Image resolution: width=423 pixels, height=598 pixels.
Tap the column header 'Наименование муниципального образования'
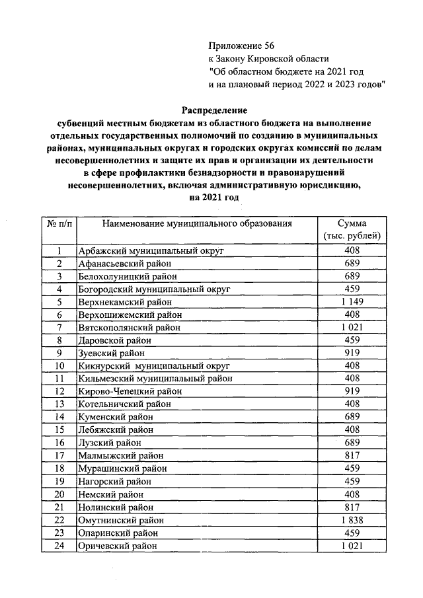(x=197, y=224)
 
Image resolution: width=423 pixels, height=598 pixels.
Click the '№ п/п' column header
(x=60, y=224)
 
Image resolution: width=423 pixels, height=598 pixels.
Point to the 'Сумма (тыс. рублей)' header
(x=352, y=230)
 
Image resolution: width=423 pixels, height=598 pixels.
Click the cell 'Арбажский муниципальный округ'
(x=151, y=251)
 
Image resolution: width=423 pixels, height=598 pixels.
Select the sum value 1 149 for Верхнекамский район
(x=352, y=302)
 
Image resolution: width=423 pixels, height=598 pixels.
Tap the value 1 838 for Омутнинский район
(x=352, y=520)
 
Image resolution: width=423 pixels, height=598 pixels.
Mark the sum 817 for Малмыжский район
(x=352, y=456)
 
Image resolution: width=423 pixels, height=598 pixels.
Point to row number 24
(x=60, y=546)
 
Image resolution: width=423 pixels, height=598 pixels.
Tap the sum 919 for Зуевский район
(x=352, y=354)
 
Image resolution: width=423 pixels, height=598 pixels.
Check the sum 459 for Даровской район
(x=352, y=340)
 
